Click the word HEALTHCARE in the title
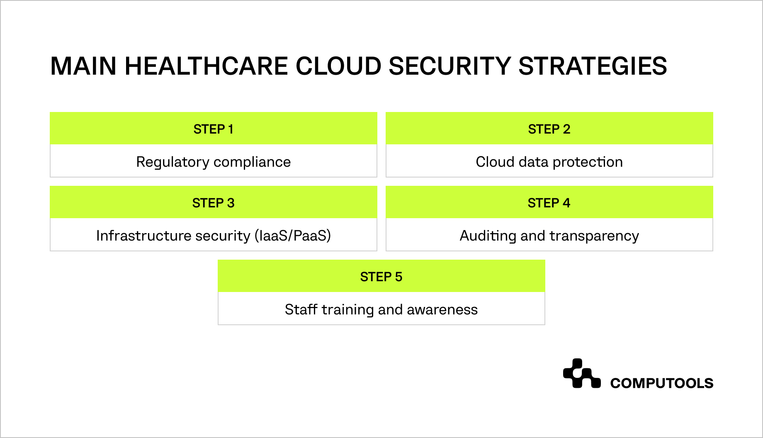click(206, 66)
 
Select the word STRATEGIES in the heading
click(593, 66)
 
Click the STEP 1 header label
click(213, 129)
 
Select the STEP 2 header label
click(549, 129)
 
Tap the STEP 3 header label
click(213, 203)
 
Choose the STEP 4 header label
click(549, 203)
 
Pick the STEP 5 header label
click(381, 277)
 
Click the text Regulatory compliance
click(213, 162)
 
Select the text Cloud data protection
click(549, 162)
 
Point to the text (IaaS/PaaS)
click(293, 236)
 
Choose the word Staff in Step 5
click(301, 309)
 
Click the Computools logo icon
click(581, 374)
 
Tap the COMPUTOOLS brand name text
click(661, 383)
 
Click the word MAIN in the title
click(83, 66)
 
